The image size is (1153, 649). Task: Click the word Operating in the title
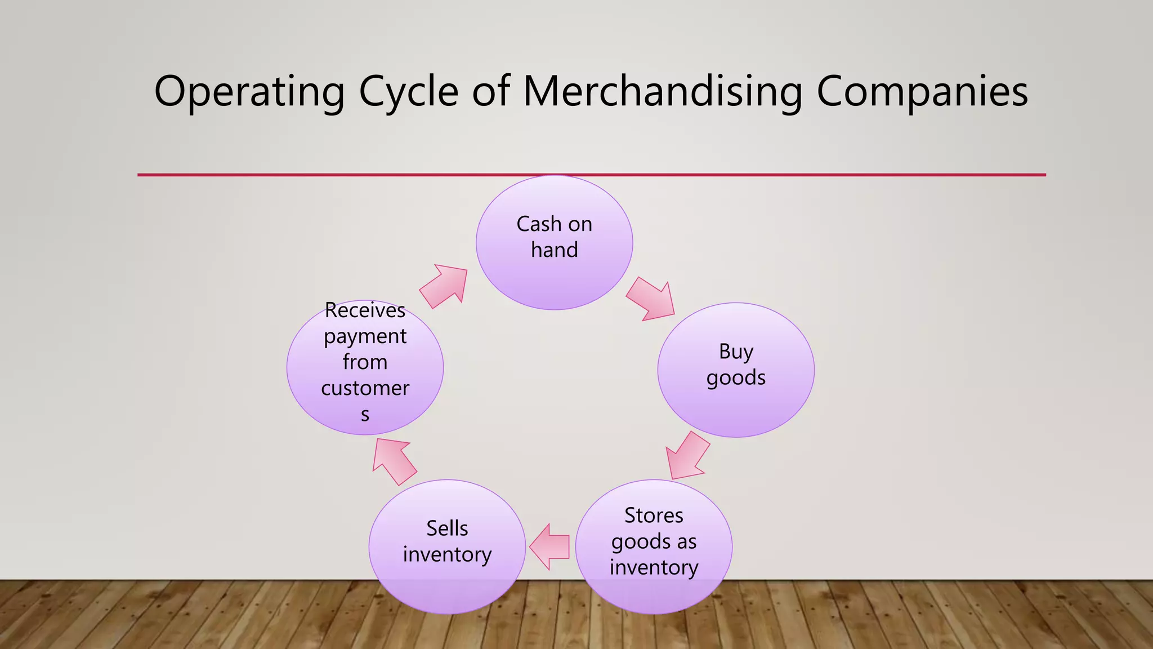(x=249, y=92)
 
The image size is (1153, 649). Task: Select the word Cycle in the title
(x=409, y=92)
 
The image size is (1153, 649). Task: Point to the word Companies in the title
(x=922, y=92)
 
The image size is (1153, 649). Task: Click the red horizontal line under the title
(x=591, y=175)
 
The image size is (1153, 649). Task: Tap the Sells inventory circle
(x=447, y=586)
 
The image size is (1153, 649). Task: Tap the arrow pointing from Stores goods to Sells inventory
(x=549, y=546)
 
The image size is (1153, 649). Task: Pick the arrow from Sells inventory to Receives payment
(x=394, y=461)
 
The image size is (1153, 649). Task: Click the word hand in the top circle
(x=555, y=250)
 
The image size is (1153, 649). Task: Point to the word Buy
(x=736, y=352)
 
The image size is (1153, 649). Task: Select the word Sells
(x=447, y=528)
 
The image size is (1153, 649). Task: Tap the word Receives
(x=365, y=310)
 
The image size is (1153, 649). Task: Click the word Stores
(x=654, y=515)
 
